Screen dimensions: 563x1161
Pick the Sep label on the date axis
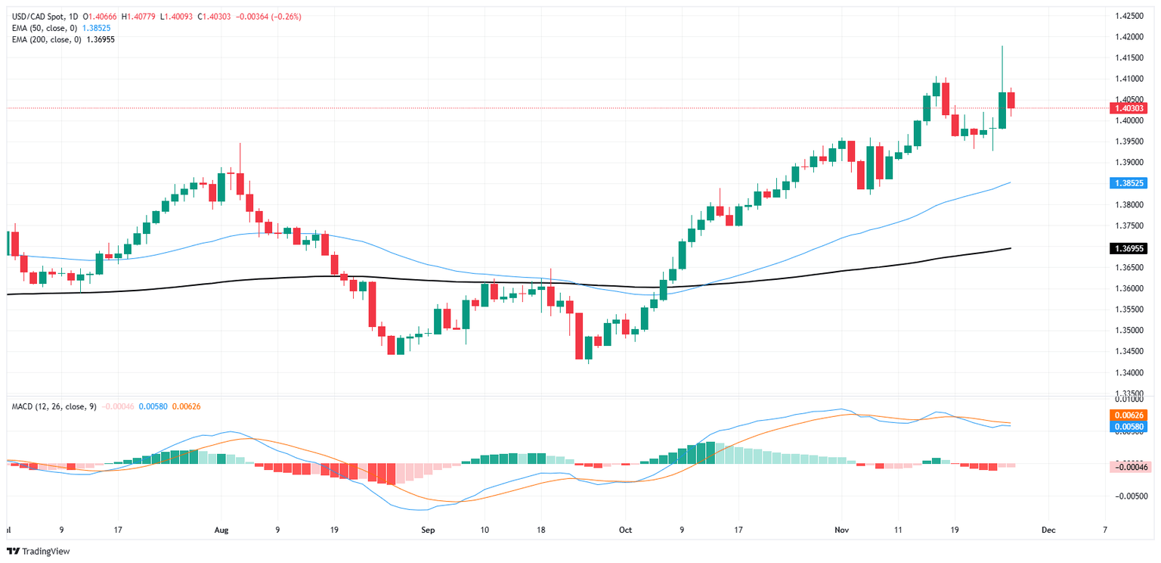click(x=428, y=530)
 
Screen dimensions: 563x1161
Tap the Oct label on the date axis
click(x=625, y=530)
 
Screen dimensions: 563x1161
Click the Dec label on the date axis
click(x=1048, y=530)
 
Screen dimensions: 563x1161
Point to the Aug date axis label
click(x=221, y=530)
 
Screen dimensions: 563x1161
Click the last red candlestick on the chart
click(x=1011, y=100)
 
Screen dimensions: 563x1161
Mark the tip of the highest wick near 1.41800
click(x=1002, y=46)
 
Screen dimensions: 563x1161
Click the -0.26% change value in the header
click(x=287, y=17)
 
